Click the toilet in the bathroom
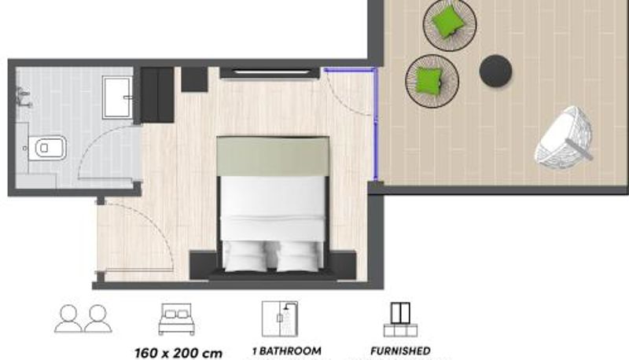[47, 148]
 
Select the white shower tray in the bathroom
[116, 97]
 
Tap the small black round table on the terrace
[495, 70]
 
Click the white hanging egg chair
[564, 137]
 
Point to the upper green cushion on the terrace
[448, 22]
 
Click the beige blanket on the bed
[273, 156]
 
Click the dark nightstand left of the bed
[204, 264]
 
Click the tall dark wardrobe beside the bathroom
[156, 94]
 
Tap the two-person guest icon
[83, 318]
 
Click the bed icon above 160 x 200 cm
[176, 319]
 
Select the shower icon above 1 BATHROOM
[280, 319]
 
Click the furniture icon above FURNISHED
[400, 319]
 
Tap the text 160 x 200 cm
[178, 353]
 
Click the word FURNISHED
[400, 351]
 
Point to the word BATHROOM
[290, 351]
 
